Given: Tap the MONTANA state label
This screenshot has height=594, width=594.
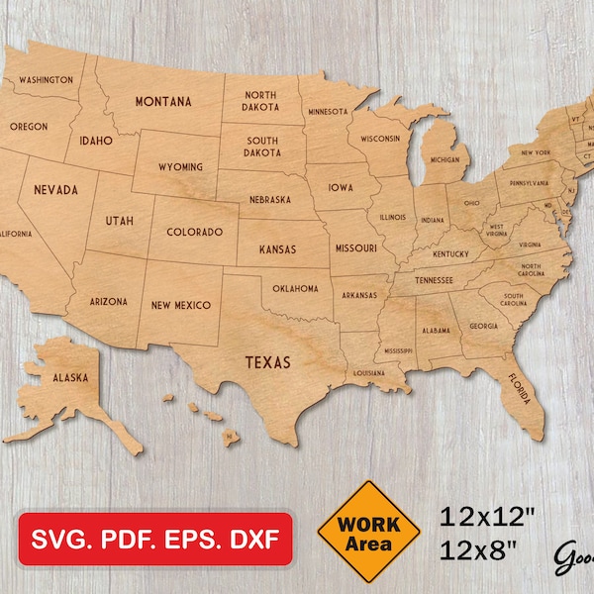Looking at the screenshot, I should (163, 100).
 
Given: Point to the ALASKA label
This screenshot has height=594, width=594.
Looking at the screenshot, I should (71, 377).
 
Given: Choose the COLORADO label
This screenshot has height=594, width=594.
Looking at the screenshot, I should (194, 232).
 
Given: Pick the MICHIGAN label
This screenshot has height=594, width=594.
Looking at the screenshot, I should (445, 159).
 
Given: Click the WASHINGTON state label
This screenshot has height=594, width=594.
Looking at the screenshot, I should (46, 79).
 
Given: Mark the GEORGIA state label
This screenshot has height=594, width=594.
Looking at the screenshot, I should (484, 326).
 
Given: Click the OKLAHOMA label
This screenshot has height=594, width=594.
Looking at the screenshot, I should (296, 288).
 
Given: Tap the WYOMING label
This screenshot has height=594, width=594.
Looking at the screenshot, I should (180, 166).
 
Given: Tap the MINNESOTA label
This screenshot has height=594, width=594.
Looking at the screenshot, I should (327, 112).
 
